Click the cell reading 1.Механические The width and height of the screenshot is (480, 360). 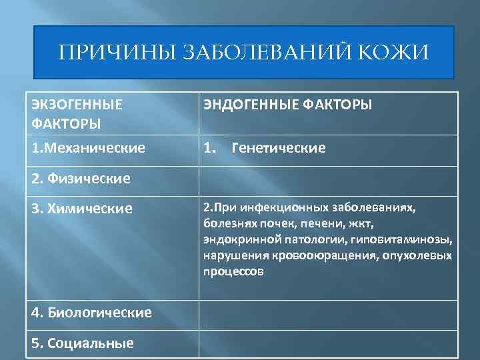[x=88, y=148]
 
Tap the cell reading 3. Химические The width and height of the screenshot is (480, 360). [x=82, y=209]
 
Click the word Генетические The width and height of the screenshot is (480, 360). [x=278, y=148]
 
